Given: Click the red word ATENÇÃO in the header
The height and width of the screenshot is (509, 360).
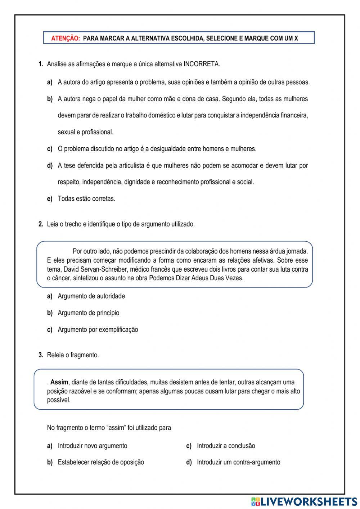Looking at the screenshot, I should click(66, 38).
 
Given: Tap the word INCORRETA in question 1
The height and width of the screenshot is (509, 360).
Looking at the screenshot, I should click(202, 64).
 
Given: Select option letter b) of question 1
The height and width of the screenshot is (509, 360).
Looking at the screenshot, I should click(50, 99).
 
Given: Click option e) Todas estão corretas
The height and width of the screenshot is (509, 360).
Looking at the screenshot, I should click(86, 198).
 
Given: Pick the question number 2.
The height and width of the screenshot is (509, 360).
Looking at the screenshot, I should click(41, 224).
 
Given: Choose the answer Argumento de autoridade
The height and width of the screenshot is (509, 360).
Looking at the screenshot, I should click(91, 296).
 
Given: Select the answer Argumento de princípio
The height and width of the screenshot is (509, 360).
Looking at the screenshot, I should click(89, 313).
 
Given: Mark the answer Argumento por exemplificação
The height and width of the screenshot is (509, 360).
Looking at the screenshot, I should click(98, 329).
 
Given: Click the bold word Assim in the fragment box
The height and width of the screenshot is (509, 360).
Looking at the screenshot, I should click(59, 382).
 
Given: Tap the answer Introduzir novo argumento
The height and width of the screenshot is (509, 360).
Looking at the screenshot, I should click(93, 446).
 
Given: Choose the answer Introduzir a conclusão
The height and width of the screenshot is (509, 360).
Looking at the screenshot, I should click(226, 446).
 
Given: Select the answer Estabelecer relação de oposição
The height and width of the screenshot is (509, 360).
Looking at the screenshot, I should click(101, 462).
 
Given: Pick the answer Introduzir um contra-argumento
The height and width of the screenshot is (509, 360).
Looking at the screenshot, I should click(238, 462).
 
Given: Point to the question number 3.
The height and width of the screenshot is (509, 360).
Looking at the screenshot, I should click(41, 355).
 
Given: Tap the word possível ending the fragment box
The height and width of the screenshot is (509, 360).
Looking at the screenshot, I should click(59, 400).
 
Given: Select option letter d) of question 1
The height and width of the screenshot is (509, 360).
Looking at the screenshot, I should click(50, 165).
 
